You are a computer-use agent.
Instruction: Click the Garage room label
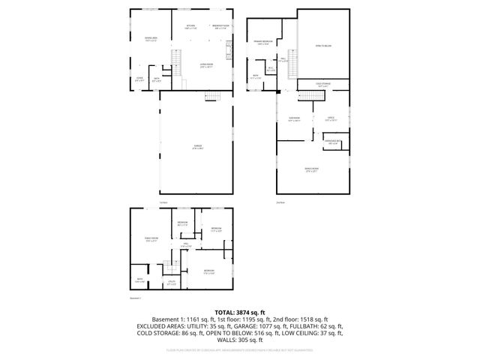click(198, 147)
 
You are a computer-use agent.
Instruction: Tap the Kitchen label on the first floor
click(191, 28)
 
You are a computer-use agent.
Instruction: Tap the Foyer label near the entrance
click(139, 78)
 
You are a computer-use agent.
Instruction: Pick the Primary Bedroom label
click(262, 43)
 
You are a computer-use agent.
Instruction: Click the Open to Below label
click(322, 46)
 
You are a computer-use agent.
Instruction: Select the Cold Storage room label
click(323, 85)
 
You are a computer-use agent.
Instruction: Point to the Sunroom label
click(295, 119)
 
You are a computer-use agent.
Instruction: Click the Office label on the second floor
click(330, 118)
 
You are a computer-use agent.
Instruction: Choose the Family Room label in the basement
click(150, 240)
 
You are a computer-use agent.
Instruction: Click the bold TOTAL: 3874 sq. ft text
click(239, 311)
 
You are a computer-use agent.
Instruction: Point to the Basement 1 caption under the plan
click(136, 298)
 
